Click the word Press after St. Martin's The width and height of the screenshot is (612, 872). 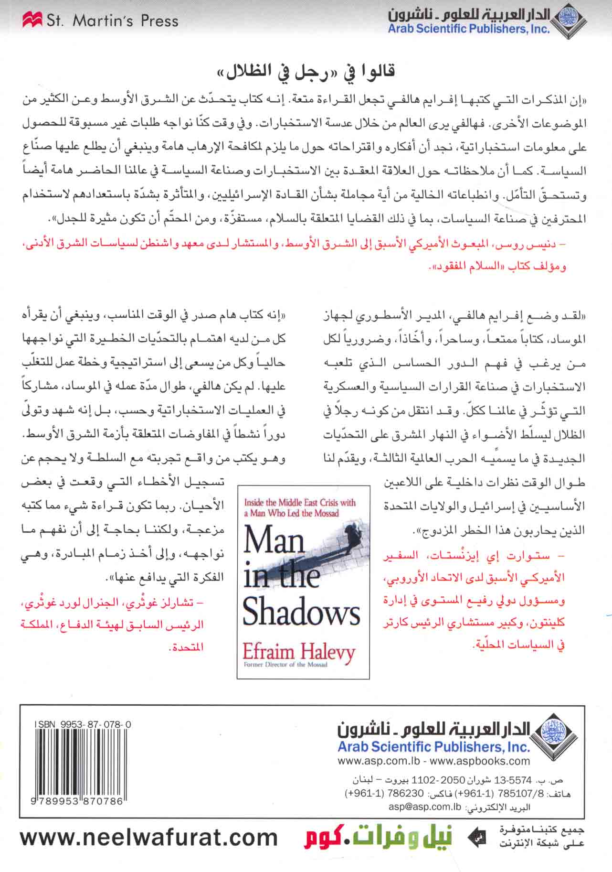(160, 21)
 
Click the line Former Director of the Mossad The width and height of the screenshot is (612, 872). (285, 664)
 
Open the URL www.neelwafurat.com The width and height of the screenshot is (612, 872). (149, 837)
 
